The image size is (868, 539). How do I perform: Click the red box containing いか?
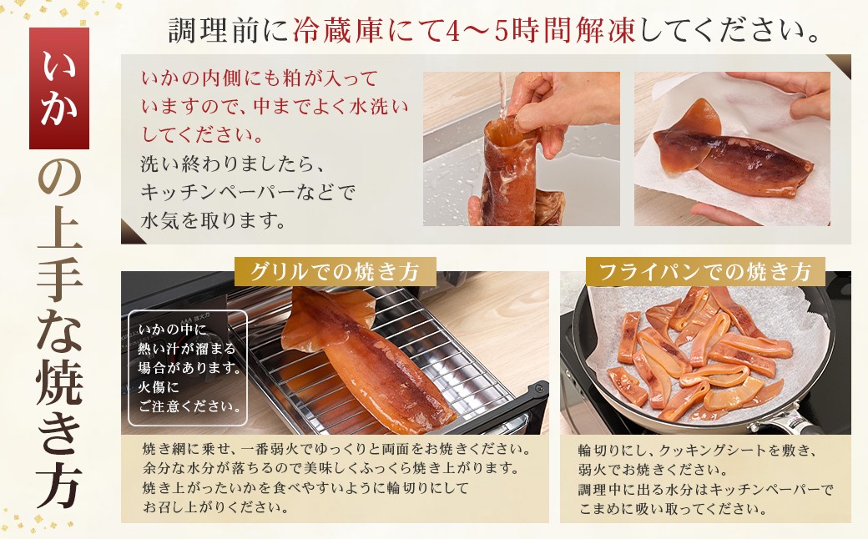click(59, 88)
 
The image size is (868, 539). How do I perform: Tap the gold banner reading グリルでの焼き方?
click(336, 272)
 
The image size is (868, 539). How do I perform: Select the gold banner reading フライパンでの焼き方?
click(705, 272)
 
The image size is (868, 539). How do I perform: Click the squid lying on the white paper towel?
click(731, 152)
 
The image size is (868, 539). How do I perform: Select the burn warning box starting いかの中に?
click(188, 368)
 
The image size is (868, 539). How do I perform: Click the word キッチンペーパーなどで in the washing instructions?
click(247, 193)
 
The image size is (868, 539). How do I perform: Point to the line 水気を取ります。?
click(213, 221)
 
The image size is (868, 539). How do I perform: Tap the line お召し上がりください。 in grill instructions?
click(216, 507)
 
